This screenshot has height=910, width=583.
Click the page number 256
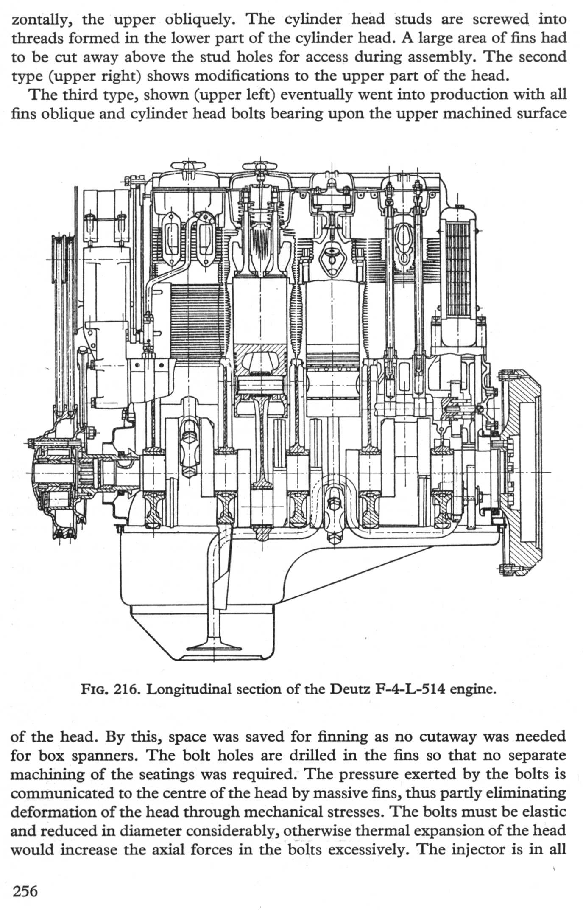[x=25, y=890]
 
